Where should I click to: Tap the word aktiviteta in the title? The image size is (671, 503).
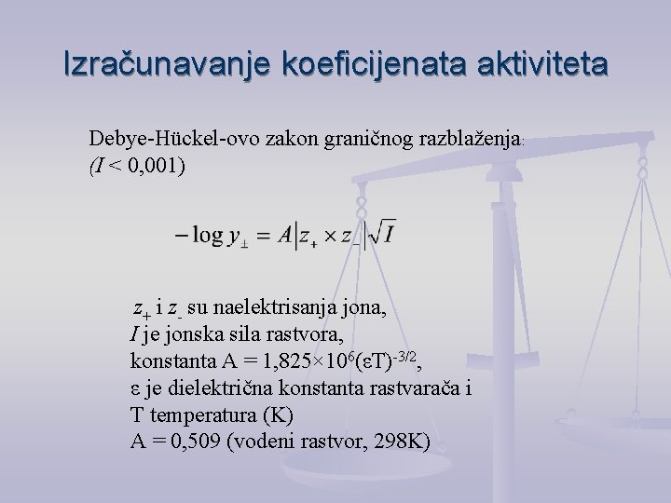(x=538, y=65)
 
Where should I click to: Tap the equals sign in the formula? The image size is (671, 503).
(x=264, y=238)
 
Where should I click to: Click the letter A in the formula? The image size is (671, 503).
(x=286, y=237)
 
